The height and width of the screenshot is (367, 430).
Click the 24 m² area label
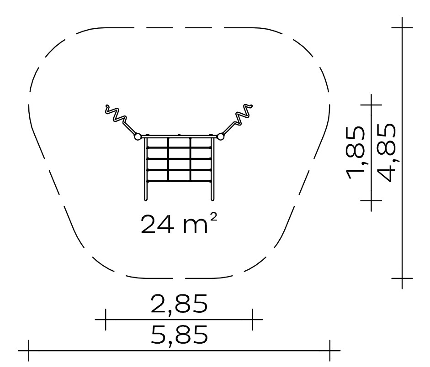pos(179,224)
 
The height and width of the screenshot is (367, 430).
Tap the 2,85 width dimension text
pos(179,304)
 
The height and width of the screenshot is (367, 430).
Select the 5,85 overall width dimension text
pos(179,335)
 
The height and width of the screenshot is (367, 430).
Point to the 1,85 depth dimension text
pos(356,152)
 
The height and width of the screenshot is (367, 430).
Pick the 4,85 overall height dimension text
pos(387,152)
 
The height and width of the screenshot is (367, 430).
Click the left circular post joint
pos(138,136)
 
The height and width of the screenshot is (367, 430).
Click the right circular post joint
pos(220,136)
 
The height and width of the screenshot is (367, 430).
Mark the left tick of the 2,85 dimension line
pos(106,320)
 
